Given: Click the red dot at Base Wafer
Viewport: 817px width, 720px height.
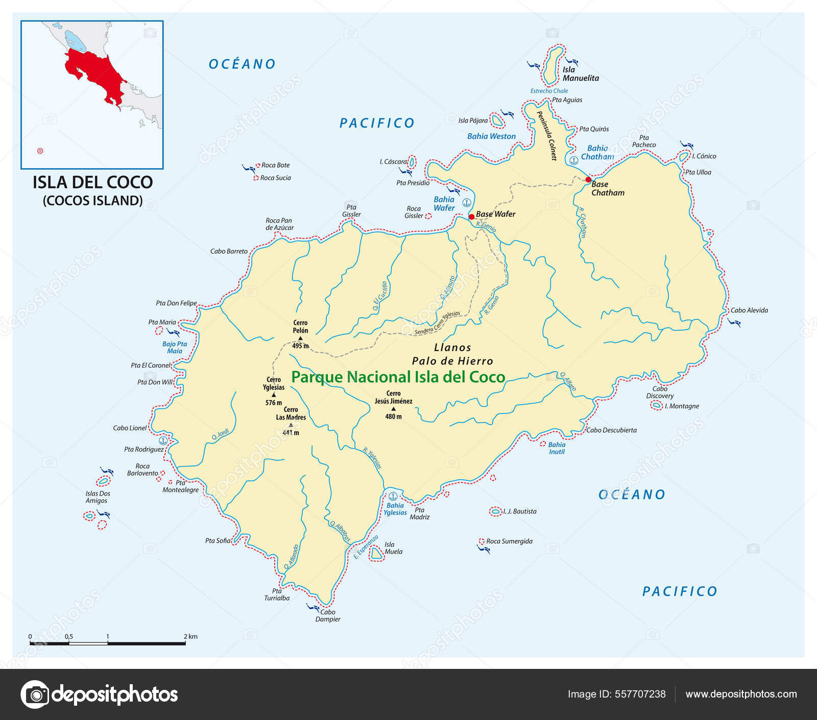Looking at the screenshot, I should [471, 217].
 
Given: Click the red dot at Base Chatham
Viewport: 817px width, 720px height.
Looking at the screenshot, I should [588, 180].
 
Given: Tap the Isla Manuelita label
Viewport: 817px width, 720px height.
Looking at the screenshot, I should [580, 74].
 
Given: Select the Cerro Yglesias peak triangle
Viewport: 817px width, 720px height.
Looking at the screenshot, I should [274, 394].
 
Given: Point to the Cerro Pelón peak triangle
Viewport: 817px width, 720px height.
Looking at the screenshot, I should [300, 338].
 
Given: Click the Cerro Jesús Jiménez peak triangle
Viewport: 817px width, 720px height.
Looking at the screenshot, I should [393, 409].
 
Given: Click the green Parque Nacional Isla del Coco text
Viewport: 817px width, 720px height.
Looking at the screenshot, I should [398, 377].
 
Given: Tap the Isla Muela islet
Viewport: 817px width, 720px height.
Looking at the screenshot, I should [377, 553].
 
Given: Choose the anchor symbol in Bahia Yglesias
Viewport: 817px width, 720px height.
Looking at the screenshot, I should [393, 496].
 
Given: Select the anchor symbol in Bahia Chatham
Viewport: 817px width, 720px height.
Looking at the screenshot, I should [573, 160].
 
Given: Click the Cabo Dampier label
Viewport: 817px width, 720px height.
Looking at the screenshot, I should [327, 615].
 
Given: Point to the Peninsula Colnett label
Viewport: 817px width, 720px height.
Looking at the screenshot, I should [546, 135].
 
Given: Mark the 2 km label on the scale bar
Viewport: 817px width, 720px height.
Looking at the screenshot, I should [190, 636].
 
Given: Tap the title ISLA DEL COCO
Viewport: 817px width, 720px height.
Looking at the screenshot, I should [92, 182].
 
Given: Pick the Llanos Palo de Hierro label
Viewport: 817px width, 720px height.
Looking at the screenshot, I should [452, 354].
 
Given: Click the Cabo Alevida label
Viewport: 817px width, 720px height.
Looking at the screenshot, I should [749, 310].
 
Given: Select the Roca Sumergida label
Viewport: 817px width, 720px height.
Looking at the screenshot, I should [509, 541].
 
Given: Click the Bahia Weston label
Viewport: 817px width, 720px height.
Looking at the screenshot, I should [491, 136].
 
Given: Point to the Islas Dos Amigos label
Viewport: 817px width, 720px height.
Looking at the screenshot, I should [98, 497].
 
